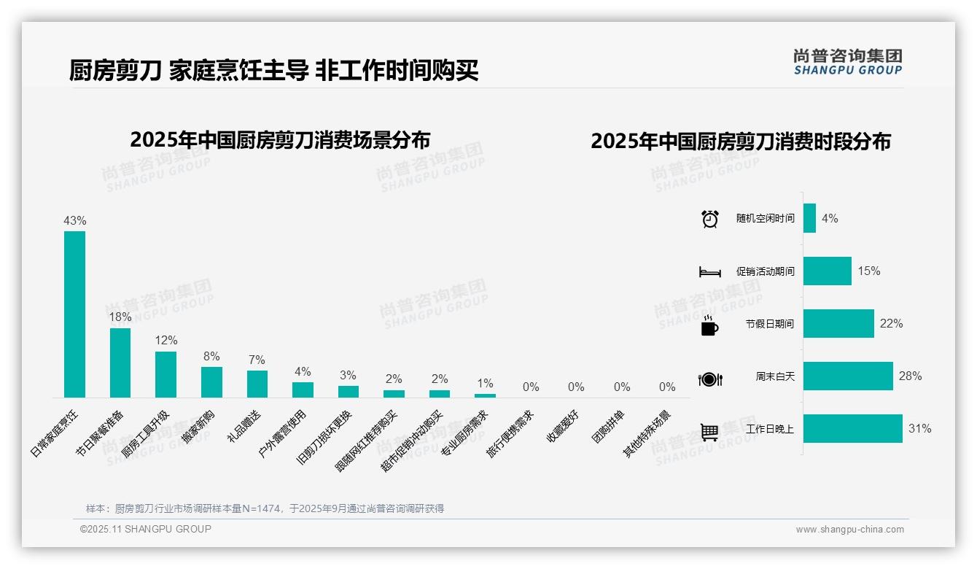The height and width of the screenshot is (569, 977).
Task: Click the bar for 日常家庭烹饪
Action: pos(74,314)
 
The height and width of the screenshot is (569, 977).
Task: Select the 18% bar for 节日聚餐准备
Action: pos(120,363)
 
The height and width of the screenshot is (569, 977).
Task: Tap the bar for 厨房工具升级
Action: pos(166,374)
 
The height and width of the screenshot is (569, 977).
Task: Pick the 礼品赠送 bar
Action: pos(257,384)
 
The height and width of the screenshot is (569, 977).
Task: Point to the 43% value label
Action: pos(74,220)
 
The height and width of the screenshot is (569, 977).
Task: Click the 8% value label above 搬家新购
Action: pos(211,357)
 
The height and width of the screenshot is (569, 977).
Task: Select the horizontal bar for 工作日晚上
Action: pos(852,429)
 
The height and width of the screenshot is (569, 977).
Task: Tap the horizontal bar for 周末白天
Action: pos(848,376)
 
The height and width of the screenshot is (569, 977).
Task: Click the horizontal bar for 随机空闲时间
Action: pos(809,218)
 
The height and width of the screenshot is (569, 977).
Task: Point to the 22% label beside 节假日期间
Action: pos(891,324)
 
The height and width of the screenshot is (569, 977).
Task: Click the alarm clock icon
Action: pos(709,219)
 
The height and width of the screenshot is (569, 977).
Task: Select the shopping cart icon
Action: pos(709,432)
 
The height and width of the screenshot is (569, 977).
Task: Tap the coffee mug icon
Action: pos(709,326)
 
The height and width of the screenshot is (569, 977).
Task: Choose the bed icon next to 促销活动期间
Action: pos(709,272)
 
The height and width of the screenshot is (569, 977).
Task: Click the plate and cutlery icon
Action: pos(709,379)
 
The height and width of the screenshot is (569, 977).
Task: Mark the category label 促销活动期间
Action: pos(765,271)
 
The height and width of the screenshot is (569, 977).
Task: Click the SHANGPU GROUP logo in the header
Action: pos(847,62)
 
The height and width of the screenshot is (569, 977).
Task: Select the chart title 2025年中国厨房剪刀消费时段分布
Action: pos(741,142)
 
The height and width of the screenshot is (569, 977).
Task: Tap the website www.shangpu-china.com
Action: pos(849,530)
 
